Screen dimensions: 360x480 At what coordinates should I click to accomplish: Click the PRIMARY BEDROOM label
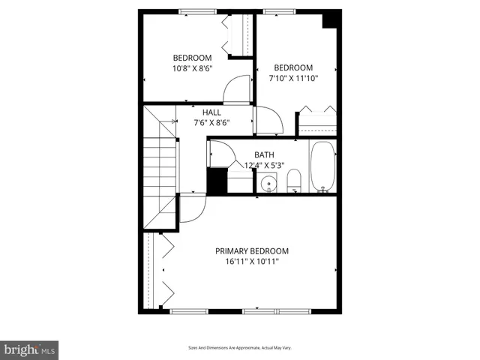click(x=252, y=251)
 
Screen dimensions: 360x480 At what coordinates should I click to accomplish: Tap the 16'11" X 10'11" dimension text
click(x=252, y=262)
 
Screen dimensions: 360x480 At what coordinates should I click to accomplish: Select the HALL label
click(x=211, y=112)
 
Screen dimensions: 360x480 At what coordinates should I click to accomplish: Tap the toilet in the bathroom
click(x=294, y=181)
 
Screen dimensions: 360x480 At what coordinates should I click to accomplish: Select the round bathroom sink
click(x=268, y=183)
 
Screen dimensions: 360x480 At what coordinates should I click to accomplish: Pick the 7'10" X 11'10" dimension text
click(x=293, y=77)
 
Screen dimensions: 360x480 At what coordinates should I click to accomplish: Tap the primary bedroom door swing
click(x=192, y=208)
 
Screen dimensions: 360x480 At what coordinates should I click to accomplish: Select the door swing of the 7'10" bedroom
click(x=267, y=120)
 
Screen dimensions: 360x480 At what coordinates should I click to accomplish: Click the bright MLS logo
click(x=29, y=349)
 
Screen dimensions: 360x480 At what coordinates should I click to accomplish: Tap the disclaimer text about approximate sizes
click(x=239, y=348)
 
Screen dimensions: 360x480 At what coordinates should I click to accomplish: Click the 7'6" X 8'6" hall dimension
click(x=211, y=123)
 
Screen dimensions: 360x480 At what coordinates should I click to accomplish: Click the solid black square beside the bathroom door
click(x=216, y=181)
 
